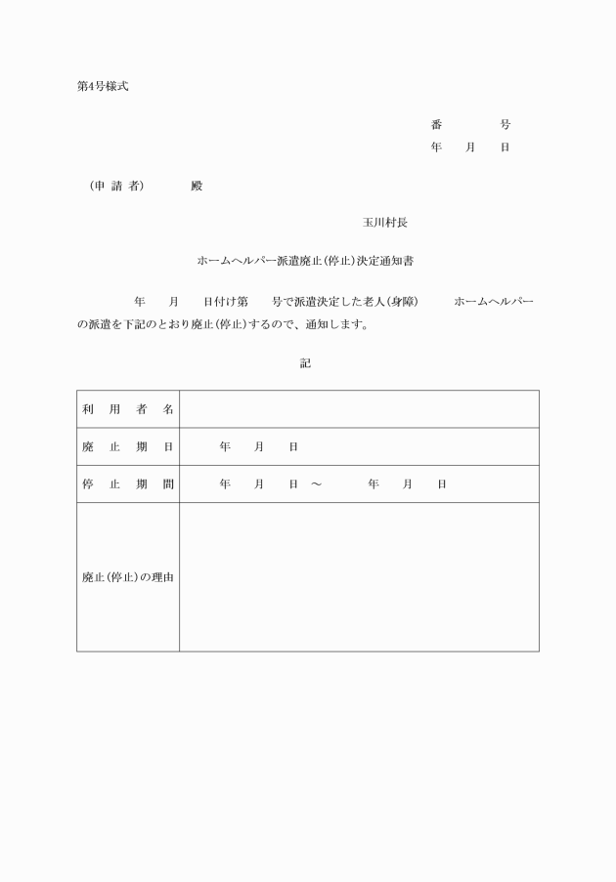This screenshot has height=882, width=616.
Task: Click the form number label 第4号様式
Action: (102, 86)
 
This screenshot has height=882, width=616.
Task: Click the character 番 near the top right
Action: (436, 125)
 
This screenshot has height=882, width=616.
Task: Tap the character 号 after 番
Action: (505, 125)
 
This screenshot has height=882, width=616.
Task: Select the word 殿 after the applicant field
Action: (197, 187)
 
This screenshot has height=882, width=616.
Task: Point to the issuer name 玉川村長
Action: (385, 223)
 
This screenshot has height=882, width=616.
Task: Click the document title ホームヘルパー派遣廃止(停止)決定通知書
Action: (308, 262)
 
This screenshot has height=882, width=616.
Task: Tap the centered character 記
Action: (305, 362)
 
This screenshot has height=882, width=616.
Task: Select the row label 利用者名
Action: (127, 409)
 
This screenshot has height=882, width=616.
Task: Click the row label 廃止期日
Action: (127, 446)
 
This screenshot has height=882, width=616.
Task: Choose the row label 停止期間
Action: (127, 483)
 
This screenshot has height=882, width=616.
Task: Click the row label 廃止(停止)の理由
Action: (127, 577)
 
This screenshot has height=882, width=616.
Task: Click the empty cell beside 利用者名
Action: (358, 409)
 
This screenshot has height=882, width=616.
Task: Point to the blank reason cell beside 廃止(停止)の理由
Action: (358, 577)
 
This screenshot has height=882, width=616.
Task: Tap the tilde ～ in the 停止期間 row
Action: (316, 484)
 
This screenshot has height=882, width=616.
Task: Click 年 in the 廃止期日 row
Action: (225, 446)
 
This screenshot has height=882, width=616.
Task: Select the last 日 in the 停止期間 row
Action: (442, 484)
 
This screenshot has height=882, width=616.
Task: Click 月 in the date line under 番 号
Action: (470, 147)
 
